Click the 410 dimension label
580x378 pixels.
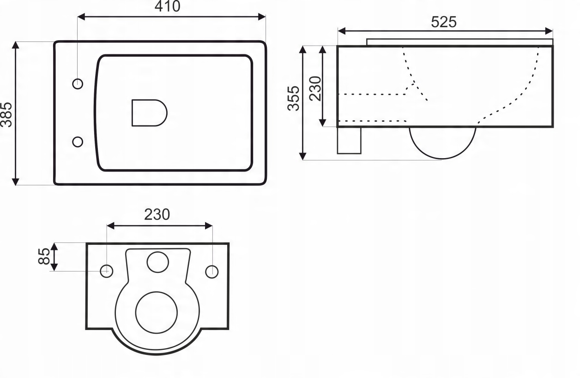167,6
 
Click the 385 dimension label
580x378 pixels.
6,114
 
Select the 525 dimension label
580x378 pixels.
444,22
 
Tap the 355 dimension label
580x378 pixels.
293,99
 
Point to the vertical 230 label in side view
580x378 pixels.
315,89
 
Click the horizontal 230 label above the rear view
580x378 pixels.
157,215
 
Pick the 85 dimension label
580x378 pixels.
44,256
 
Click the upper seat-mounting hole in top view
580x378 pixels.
78,84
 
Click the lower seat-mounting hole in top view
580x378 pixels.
78,142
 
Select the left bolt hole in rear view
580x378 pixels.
106,271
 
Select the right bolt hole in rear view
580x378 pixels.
212,272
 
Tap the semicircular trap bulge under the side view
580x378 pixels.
442,158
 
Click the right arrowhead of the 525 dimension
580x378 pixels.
549,31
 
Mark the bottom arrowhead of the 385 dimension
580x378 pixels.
16,182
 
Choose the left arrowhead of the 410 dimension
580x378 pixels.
81,17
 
